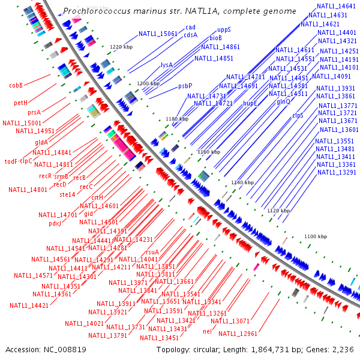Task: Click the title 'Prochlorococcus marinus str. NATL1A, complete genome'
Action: (179, 11)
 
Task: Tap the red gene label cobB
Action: (16, 86)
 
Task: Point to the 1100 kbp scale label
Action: (316, 237)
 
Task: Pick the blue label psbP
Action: (185, 86)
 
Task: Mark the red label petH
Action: (21, 103)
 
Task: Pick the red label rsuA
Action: (152, 252)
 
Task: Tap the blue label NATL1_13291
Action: (337, 173)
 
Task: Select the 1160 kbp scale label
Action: (209, 152)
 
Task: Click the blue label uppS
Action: (224, 29)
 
